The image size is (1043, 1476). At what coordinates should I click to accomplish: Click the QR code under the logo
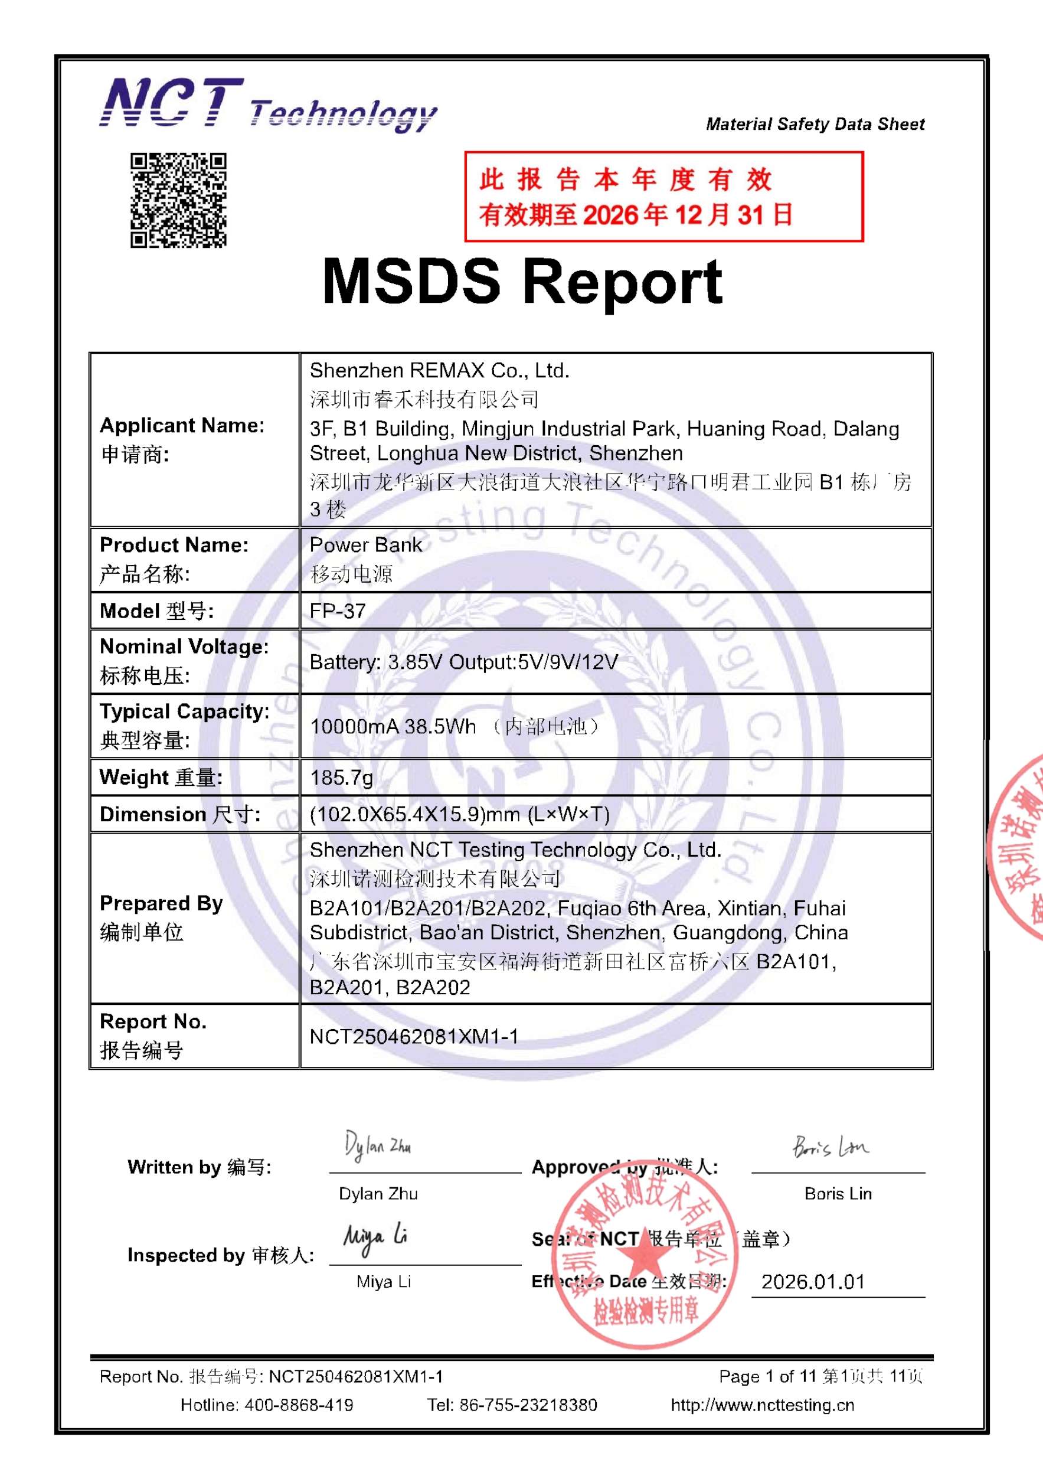pyautogui.click(x=179, y=200)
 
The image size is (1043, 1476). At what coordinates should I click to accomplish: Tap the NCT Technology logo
pyautogui.click(x=267, y=106)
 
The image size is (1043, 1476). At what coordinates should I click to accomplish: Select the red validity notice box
pyautogui.click(x=663, y=197)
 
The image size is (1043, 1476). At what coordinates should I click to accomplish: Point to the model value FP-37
pyautogui.click(x=338, y=610)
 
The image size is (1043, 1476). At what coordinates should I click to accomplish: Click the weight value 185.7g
pyautogui.click(x=341, y=778)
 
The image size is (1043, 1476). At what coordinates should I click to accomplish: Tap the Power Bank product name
pyautogui.click(x=365, y=545)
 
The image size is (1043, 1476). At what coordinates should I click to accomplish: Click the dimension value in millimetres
pyautogui.click(x=459, y=815)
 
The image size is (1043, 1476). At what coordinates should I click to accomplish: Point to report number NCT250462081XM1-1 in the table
pyautogui.click(x=414, y=1036)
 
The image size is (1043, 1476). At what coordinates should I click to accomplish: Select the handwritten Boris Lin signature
pyautogui.click(x=830, y=1147)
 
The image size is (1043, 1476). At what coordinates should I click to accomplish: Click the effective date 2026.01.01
pyautogui.click(x=813, y=1282)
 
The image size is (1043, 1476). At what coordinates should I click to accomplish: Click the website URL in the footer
pyautogui.click(x=762, y=1405)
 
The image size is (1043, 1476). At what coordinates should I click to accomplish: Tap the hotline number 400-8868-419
pyautogui.click(x=298, y=1405)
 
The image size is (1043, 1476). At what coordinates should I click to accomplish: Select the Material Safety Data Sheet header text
pyautogui.click(x=815, y=124)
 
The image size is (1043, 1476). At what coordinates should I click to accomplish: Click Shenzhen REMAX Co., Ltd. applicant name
pyautogui.click(x=440, y=370)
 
